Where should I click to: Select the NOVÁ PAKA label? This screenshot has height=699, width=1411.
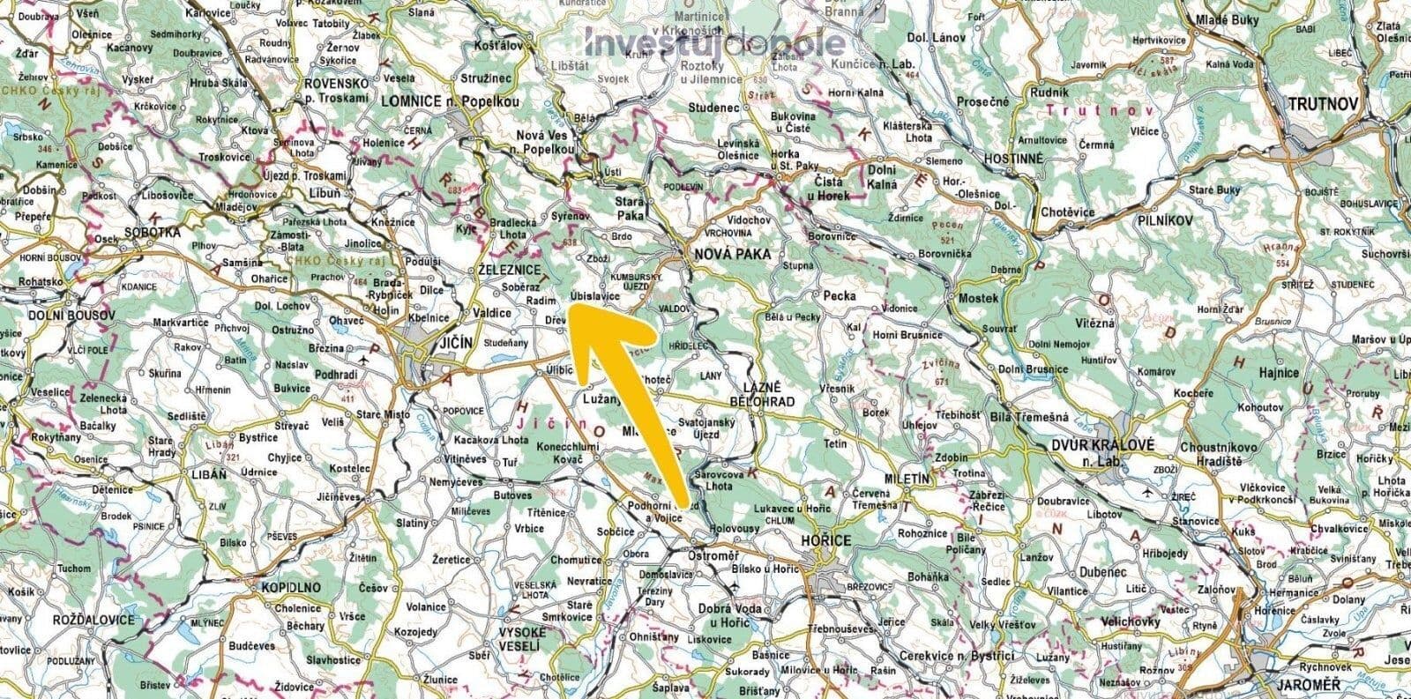tap(733, 254)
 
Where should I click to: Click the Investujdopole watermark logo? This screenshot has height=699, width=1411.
tap(714, 41)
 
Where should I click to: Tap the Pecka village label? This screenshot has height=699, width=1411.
tap(839, 296)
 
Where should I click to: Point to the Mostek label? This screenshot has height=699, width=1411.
tap(979, 298)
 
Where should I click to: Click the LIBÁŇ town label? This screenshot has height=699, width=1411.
tap(209, 474)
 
